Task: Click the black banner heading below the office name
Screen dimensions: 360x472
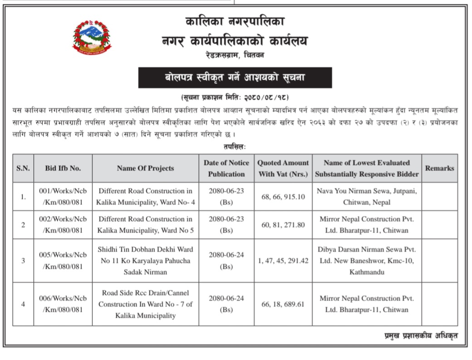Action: pos(235,77)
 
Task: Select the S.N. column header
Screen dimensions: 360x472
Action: pos(23,168)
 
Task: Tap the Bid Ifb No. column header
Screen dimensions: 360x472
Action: pos(63,168)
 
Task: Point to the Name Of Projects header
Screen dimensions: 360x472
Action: pos(145,168)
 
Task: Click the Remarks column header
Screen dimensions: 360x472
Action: pos(439,168)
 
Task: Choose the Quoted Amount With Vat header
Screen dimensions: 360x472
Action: pos(283,168)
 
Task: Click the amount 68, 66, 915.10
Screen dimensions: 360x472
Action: pos(283,196)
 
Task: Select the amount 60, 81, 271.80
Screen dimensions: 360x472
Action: pos(283,225)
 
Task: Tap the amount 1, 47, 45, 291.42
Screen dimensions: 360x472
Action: pos(283,261)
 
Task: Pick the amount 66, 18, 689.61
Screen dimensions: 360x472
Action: pos(283,304)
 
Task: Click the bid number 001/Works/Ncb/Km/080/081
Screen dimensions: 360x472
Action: pos(63,196)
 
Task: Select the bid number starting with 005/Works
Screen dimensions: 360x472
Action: pos(63,261)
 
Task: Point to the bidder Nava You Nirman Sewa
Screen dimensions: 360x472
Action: pos(367,196)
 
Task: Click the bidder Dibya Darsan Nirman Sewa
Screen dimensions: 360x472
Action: pos(367,261)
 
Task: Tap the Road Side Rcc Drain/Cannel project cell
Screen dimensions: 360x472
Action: pos(145,304)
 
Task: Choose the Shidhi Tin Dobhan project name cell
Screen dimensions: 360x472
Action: pos(145,261)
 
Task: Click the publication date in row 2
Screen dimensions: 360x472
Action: pos(226,225)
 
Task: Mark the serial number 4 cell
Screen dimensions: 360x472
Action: pos(23,304)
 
